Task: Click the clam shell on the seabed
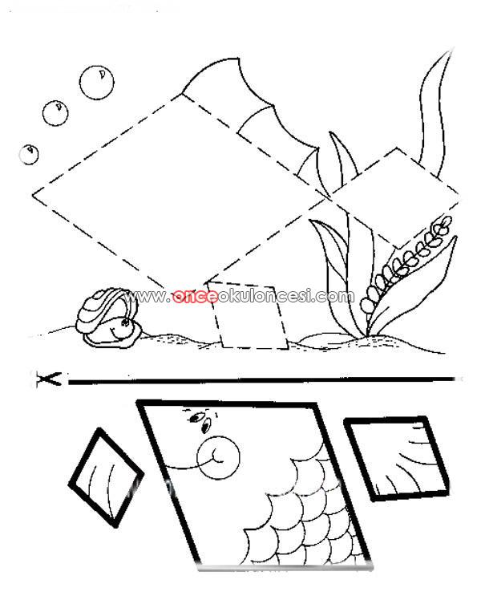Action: [107, 317]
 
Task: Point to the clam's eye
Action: [125, 323]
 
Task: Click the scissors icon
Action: [48, 379]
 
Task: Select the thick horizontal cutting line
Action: [261, 379]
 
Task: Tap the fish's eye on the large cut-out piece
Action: [196, 418]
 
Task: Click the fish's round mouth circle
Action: [218, 456]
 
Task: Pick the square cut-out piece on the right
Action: [397, 458]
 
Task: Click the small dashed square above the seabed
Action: [248, 315]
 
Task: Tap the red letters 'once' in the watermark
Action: [196, 296]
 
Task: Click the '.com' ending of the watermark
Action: [333, 295]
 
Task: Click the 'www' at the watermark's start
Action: [145, 296]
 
